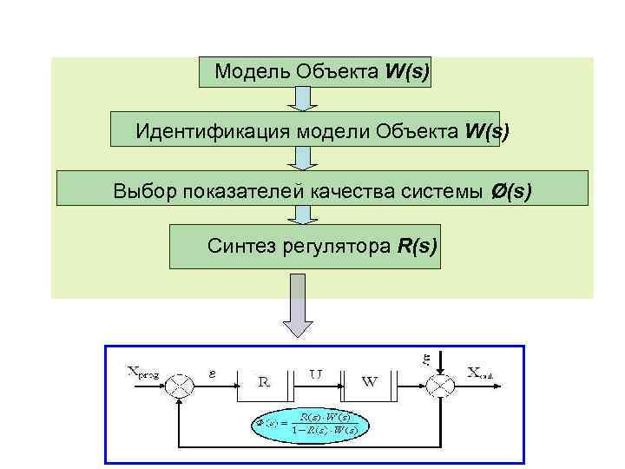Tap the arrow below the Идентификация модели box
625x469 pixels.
coord(301,158)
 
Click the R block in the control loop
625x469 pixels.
coord(266,380)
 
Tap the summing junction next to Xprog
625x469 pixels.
coord(181,383)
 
